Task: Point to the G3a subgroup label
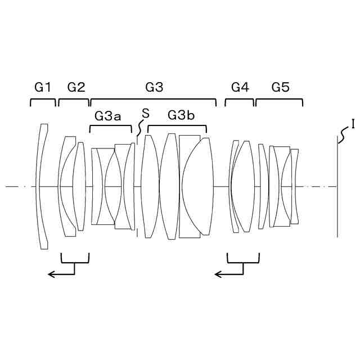tap(107, 116)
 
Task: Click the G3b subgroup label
tap(181, 116)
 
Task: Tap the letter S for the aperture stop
tap(145, 113)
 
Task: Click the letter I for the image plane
tap(352, 123)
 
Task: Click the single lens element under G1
tap(42, 186)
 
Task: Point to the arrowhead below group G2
tap(51, 274)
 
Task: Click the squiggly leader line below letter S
tap(140, 128)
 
